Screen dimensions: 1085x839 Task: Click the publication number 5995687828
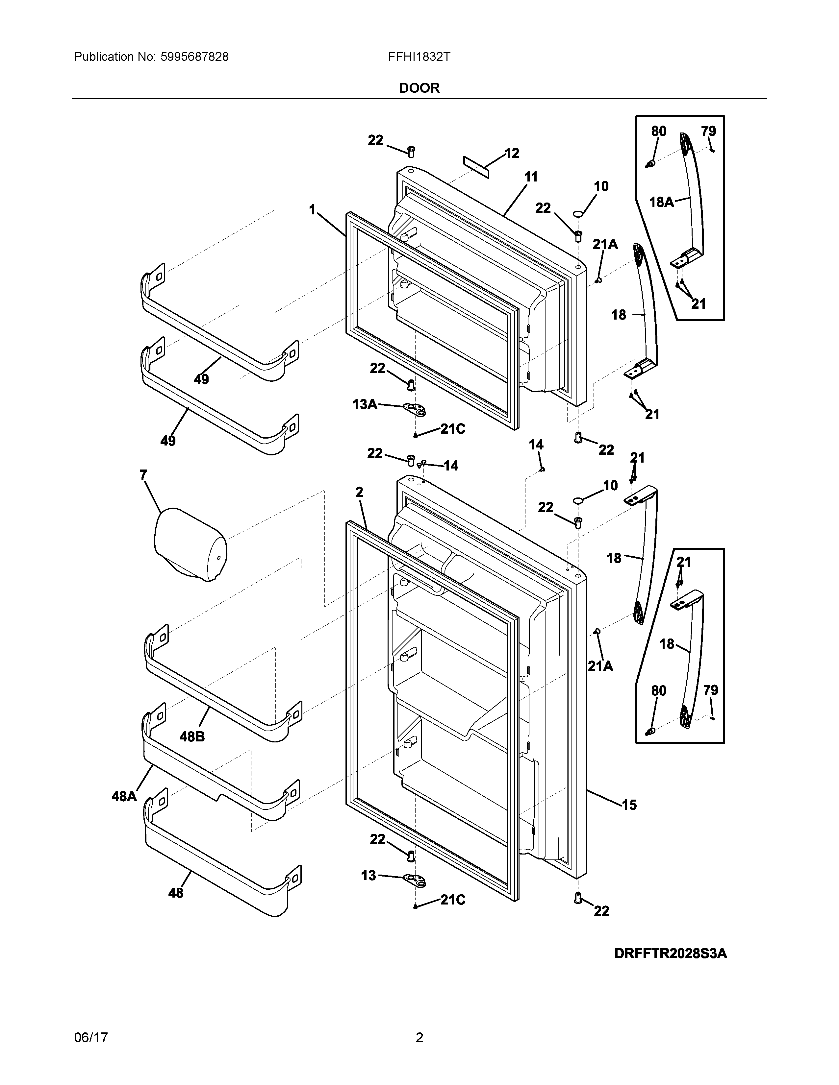click(x=194, y=57)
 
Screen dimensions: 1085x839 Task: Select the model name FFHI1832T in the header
click(x=419, y=57)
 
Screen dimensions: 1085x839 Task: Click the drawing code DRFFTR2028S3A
click(x=671, y=953)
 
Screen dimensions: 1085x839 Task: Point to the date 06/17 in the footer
click(x=91, y=1037)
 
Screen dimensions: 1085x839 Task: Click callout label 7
click(x=143, y=475)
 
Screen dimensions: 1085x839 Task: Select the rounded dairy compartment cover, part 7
click(x=191, y=544)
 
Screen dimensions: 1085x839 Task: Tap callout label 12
click(x=512, y=154)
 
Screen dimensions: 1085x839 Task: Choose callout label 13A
click(x=364, y=404)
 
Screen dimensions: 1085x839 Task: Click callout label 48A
click(x=124, y=796)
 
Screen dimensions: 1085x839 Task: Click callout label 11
click(x=531, y=177)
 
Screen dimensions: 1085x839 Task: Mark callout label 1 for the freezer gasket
click(x=312, y=210)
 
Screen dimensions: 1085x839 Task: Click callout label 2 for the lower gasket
click(x=359, y=492)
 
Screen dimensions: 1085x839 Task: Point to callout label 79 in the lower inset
click(x=710, y=690)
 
